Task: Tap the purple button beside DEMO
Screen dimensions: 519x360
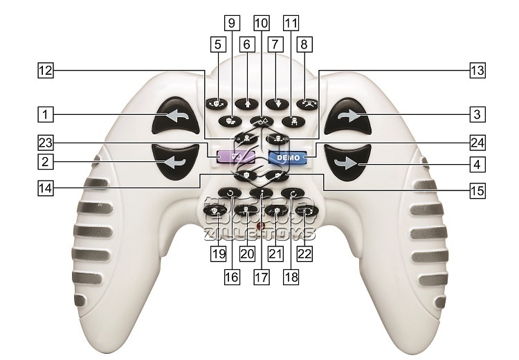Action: (x=234, y=157)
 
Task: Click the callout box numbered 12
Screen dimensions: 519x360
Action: (x=46, y=71)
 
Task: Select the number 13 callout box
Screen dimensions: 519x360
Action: (x=477, y=71)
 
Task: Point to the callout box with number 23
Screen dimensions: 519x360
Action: (x=46, y=143)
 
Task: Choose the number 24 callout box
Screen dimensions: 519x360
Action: (x=477, y=143)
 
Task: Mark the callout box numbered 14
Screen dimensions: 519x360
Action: (x=46, y=188)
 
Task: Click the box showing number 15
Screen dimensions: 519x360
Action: (x=477, y=188)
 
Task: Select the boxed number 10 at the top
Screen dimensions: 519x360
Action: (x=261, y=22)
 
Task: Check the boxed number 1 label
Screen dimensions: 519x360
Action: (x=46, y=113)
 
